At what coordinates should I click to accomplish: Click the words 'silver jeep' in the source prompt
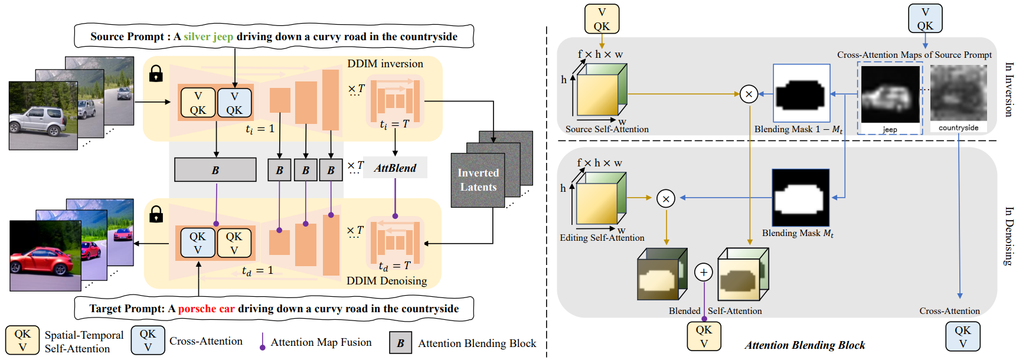pos(208,37)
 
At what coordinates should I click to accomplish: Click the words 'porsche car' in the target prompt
pos(206,309)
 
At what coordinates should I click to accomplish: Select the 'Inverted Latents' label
pos(478,180)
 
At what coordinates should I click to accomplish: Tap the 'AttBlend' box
pos(395,168)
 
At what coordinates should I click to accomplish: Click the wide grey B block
pos(215,170)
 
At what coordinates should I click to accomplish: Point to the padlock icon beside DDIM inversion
pos(156,74)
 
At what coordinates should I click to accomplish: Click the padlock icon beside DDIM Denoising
pos(156,214)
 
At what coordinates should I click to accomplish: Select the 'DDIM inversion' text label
pos(385,64)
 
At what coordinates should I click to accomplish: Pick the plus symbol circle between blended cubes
pos(703,272)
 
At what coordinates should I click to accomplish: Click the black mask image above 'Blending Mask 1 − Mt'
pos(801,93)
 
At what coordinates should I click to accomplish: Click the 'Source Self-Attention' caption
pos(607,129)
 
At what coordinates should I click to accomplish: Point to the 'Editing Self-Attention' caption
pos(602,238)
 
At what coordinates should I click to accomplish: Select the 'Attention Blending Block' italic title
pos(805,345)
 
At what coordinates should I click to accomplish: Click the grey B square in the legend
pos(400,343)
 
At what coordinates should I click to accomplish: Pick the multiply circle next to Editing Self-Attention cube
pos(666,199)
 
